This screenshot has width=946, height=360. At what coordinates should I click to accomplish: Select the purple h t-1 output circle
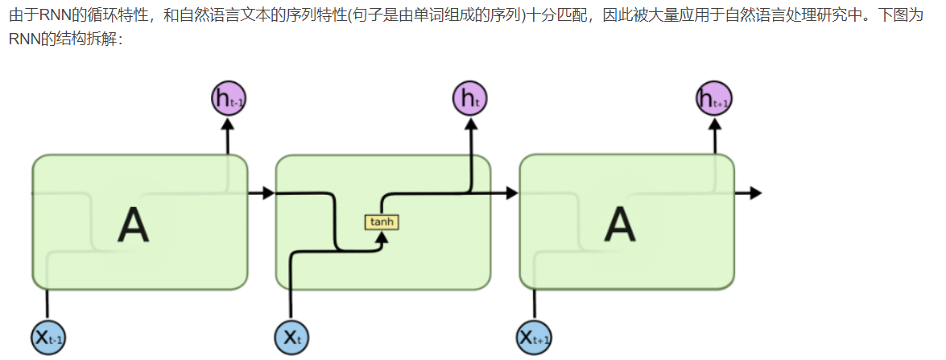[x=228, y=99]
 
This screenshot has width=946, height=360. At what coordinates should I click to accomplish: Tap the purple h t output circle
[x=469, y=99]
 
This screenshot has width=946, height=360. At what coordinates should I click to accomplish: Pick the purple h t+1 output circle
[x=714, y=99]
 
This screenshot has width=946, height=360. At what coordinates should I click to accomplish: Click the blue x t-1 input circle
[x=48, y=337]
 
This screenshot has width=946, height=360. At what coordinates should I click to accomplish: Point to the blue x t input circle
[x=291, y=337]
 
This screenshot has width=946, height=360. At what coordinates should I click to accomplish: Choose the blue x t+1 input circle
[x=535, y=337]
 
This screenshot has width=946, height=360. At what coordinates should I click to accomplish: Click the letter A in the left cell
[x=134, y=225]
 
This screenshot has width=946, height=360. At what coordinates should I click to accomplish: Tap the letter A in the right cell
[x=619, y=225]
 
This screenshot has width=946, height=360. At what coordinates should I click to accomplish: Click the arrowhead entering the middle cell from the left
[x=267, y=193]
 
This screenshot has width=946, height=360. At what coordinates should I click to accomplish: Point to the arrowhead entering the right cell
[x=511, y=193]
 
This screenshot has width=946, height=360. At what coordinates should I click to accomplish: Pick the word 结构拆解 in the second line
[x=83, y=39]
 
